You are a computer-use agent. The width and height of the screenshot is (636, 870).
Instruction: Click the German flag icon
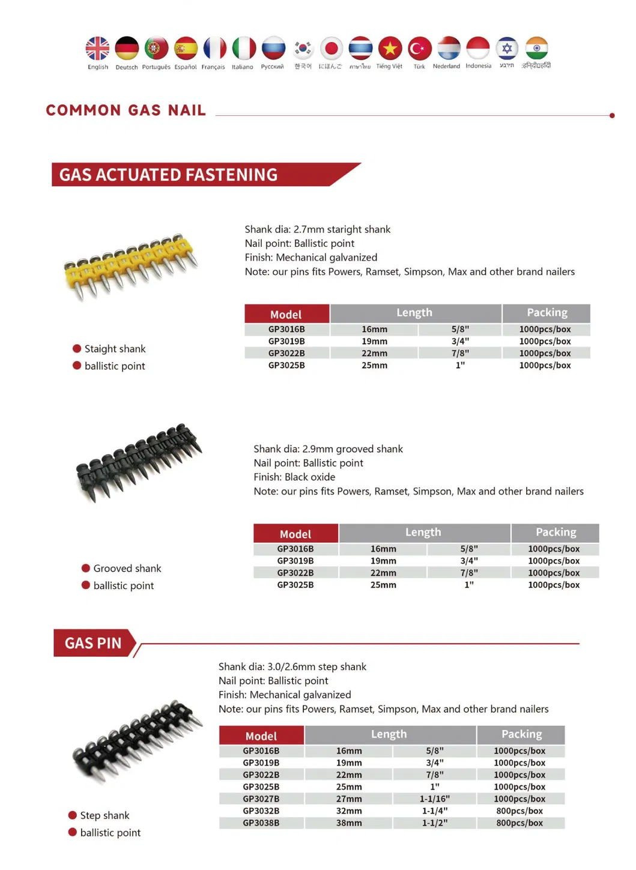click(127, 49)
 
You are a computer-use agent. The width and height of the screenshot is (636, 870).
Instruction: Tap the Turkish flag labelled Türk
click(420, 49)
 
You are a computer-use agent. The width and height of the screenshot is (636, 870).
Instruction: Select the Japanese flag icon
click(331, 49)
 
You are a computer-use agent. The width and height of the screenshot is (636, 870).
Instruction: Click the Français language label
click(213, 67)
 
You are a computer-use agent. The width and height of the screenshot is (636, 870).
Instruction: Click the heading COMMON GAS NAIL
click(126, 110)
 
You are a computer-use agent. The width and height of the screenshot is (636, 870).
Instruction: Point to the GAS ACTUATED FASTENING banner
click(169, 175)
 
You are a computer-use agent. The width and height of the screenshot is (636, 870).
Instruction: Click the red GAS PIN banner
click(93, 643)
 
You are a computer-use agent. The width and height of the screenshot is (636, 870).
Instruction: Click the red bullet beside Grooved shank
click(86, 568)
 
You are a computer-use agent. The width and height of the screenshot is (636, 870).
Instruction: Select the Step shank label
click(104, 815)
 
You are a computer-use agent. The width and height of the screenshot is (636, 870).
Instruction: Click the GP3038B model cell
click(261, 823)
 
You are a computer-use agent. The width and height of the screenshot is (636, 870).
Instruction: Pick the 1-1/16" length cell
click(434, 799)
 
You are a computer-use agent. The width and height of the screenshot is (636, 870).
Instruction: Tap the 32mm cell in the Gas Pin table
click(349, 811)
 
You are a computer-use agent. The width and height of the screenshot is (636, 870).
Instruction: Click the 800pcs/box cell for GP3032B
click(519, 811)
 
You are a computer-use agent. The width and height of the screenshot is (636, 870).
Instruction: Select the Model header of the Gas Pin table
click(261, 736)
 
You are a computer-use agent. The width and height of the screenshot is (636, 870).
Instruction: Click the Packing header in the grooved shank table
click(556, 533)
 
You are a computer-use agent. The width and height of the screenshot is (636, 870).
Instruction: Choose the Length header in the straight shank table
click(414, 313)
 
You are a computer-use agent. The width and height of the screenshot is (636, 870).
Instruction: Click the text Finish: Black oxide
click(294, 477)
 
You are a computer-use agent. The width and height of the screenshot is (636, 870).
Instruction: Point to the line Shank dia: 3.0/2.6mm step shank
click(292, 667)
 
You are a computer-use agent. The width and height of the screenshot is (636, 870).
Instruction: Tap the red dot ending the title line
click(612, 115)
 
